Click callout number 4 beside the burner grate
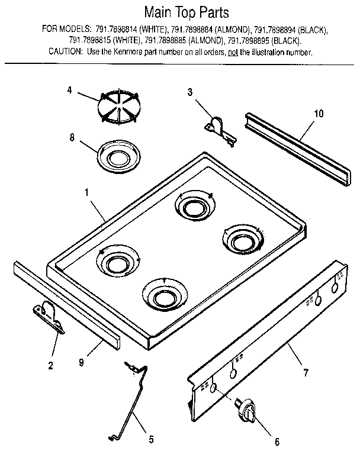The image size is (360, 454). click(x=69, y=91)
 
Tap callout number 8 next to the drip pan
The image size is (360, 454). click(x=72, y=138)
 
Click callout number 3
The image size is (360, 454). click(x=190, y=92)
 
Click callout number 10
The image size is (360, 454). click(x=319, y=115)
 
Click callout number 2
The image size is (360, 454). click(x=50, y=366)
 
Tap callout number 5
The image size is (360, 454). click(x=151, y=439)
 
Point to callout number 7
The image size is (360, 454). click(x=305, y=373)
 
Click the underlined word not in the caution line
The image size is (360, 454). click(x=233, y=52)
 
